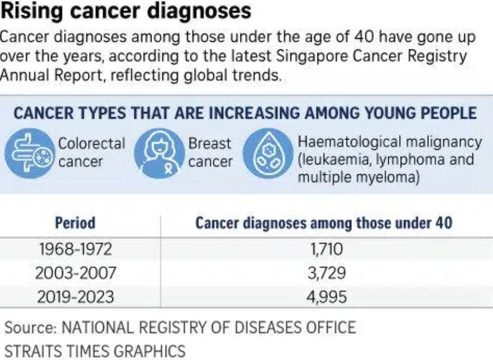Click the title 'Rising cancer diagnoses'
126,11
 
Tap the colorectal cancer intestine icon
29,154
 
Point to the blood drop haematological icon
266,154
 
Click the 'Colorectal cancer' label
91,153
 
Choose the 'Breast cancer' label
210,153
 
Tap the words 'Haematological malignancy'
389,142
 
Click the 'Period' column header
75,223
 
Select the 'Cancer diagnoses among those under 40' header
324,223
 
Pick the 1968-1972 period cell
75,249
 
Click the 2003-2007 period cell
75,273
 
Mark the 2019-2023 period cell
75,297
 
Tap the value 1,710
325,249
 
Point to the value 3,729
325,273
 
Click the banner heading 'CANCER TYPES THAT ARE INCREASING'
245,113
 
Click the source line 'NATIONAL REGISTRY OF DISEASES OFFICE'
208,328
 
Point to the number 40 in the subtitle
368,38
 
